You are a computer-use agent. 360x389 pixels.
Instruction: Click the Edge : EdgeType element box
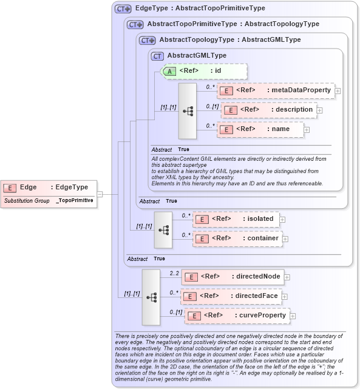click(49, 188)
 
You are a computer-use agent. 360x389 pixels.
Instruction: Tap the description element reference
click(269, 110)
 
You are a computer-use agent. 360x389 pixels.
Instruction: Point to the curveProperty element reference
click(236, 316)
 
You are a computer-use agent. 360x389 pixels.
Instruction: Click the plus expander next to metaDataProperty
click(338, 91)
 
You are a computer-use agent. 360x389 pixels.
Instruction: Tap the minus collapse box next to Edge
click(100, 194)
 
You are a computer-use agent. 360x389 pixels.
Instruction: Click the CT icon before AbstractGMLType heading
click(157, 56)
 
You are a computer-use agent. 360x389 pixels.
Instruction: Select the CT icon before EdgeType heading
click(123, 9)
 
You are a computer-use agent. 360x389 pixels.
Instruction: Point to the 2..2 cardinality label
click(174, 273)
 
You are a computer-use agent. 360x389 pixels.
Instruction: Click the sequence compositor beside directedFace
click(151, 297)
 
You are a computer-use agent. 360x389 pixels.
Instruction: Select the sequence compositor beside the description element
click(188, 111)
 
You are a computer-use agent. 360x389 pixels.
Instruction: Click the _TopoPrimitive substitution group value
click(75, 200)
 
